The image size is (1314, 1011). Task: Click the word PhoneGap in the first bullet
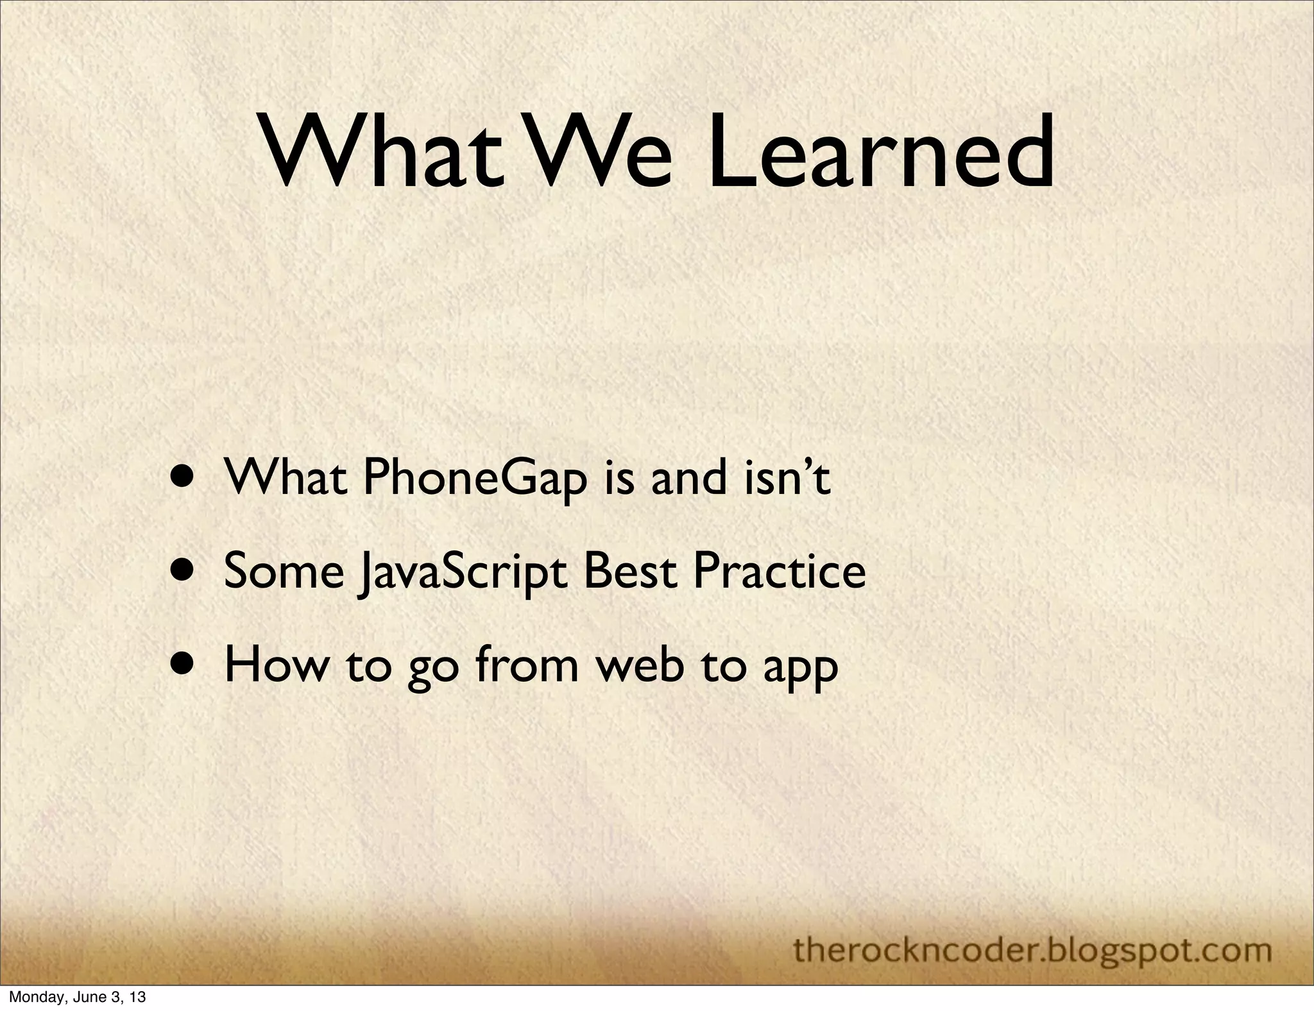point(475,480)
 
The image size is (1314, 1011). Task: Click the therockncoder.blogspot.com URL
point(1032,931)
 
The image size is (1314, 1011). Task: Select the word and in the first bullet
point(689,479)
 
